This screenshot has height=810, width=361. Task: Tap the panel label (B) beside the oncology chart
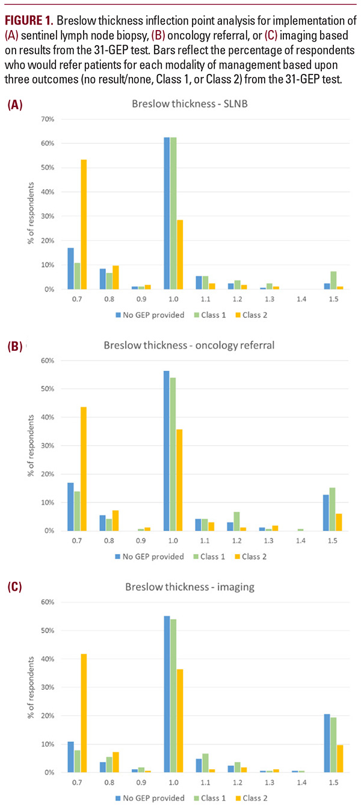[15, 347]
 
